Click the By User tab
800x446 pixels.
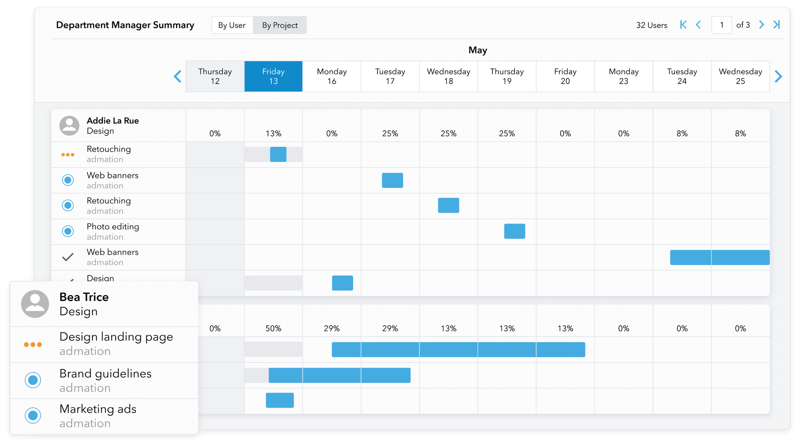[232, 25]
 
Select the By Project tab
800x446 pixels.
[280, 25]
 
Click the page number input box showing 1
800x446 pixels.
[721, 25]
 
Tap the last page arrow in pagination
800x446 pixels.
[776, 25]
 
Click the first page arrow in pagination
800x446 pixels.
[683, 25]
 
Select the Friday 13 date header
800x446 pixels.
[273, 76]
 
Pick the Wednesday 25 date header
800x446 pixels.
[740, 76]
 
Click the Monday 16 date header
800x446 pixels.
[332, 76]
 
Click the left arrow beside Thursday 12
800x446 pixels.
[178, 76]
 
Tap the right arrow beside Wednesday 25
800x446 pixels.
[778, 76]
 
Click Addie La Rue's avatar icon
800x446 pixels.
[69, 126]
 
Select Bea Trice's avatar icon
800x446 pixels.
[35, 304]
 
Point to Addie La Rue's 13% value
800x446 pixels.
[273, 133]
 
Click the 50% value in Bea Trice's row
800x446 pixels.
[273, 328]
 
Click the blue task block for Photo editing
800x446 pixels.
[515, 231]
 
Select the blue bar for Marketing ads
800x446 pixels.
[280, 400]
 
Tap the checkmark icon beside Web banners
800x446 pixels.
[68, 257]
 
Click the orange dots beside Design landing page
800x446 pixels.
[33, 344]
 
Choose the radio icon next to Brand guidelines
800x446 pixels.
[33, 380]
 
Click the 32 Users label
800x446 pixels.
[651, 25]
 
